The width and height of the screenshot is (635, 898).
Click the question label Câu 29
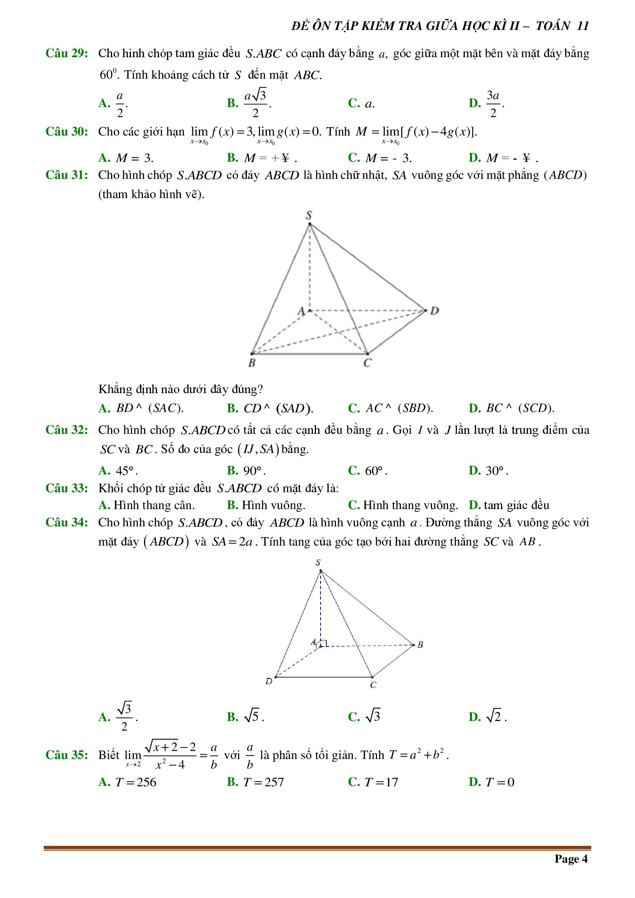66,53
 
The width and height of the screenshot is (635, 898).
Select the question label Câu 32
66,430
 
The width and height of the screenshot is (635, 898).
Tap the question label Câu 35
66,754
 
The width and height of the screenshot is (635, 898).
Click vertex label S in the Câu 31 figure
309,215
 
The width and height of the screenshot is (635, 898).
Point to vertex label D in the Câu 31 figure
435,311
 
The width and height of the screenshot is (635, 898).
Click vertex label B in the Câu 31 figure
252,363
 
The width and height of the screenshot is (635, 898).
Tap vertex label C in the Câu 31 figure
367,363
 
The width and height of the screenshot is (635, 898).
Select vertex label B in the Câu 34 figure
420,645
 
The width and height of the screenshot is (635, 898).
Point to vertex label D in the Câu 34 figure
269,681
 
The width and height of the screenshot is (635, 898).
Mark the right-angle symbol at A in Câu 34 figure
324,643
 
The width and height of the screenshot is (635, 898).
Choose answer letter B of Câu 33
232,505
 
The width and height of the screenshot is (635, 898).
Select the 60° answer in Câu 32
376,471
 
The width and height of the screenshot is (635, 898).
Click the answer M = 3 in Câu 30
134,158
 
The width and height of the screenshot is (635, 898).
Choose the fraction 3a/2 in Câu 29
493,104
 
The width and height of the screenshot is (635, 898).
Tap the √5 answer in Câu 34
253,716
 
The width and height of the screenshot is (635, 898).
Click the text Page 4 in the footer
571,858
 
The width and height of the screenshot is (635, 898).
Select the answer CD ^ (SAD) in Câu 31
278,408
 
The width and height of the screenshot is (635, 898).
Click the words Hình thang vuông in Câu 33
410,505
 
